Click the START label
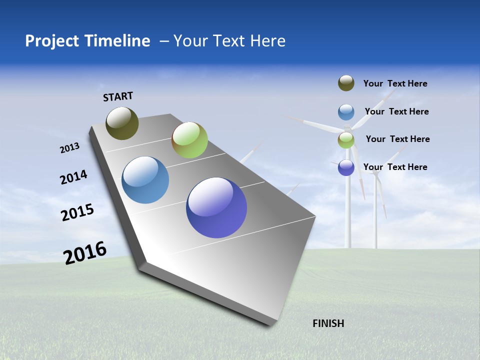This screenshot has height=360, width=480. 118,96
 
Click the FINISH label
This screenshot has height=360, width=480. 328,323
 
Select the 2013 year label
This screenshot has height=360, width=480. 69,148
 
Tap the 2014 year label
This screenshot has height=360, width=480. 73,177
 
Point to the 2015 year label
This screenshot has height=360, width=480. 77,212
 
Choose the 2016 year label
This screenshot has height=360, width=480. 85,253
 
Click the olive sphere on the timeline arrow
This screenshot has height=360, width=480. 122,123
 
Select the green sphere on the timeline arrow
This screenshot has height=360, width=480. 189,140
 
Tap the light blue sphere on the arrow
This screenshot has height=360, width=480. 145,180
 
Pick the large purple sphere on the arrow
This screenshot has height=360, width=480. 216,207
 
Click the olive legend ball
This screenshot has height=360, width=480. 346,83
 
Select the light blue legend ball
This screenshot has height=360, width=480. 346,112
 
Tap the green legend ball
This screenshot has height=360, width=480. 346,140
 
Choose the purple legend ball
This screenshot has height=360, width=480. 346,167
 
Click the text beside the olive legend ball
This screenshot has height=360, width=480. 395,83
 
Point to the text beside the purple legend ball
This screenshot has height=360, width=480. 395,167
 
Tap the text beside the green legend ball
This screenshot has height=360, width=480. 397,139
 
